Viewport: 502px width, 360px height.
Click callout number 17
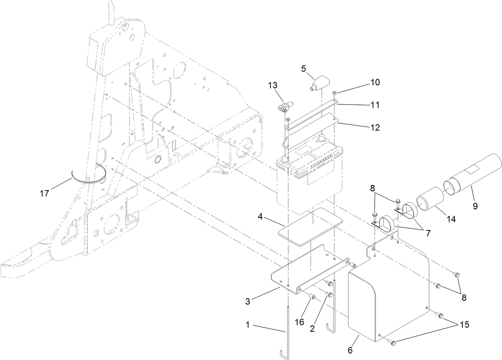coord(44,193)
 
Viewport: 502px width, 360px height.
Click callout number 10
coord(375,83)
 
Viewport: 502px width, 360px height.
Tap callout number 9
coord(474,207)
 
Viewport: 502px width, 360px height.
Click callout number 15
coord(464,325)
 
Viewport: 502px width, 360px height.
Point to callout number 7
coord(429,234)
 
